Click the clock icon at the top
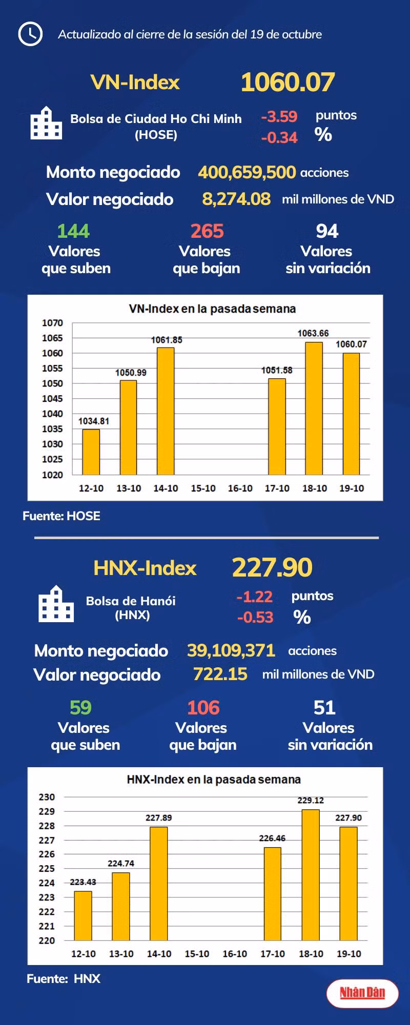tap(30, 34)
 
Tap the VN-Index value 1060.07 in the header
tap(288, 82)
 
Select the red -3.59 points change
tap(279, 116)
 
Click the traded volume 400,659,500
tap(247, 172)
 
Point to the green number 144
tap(73, 231)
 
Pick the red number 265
tap(207, 231)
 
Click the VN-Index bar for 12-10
tap(91, 452)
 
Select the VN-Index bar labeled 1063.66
tap(314, 408)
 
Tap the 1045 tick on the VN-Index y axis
tap(52, 399)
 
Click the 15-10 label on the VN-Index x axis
tap(203, 488)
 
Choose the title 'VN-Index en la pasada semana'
tap(212, 309)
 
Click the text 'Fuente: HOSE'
tap(61, 516)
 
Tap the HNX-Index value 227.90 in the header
tap(272, 567)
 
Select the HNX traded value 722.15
tap(220, 674)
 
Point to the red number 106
tap(203, 708)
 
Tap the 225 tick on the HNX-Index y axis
tap(47, 869)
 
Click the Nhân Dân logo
tap(362, 993)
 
